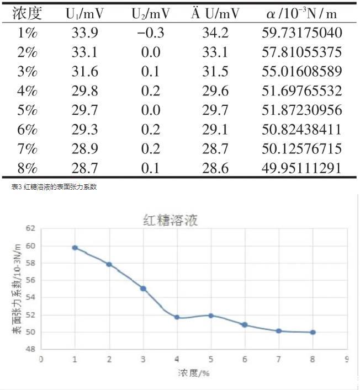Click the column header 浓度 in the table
(27, 14)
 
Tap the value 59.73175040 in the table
(301, 33)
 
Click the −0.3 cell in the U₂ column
(151, 33)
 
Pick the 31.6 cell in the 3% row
(84, 72)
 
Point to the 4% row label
(27, 91)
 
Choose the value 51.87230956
(301, 110)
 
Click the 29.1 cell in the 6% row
(215, 130)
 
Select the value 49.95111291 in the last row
(301, 168)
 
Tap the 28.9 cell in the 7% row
(84, 149)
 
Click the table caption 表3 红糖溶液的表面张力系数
(54, 187)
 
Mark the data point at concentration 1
(75, 248)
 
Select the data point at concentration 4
(177, 317)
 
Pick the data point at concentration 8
(313, 332)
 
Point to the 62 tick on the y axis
(30, 228)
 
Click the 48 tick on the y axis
(30, 349)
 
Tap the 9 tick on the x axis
(347, 359)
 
